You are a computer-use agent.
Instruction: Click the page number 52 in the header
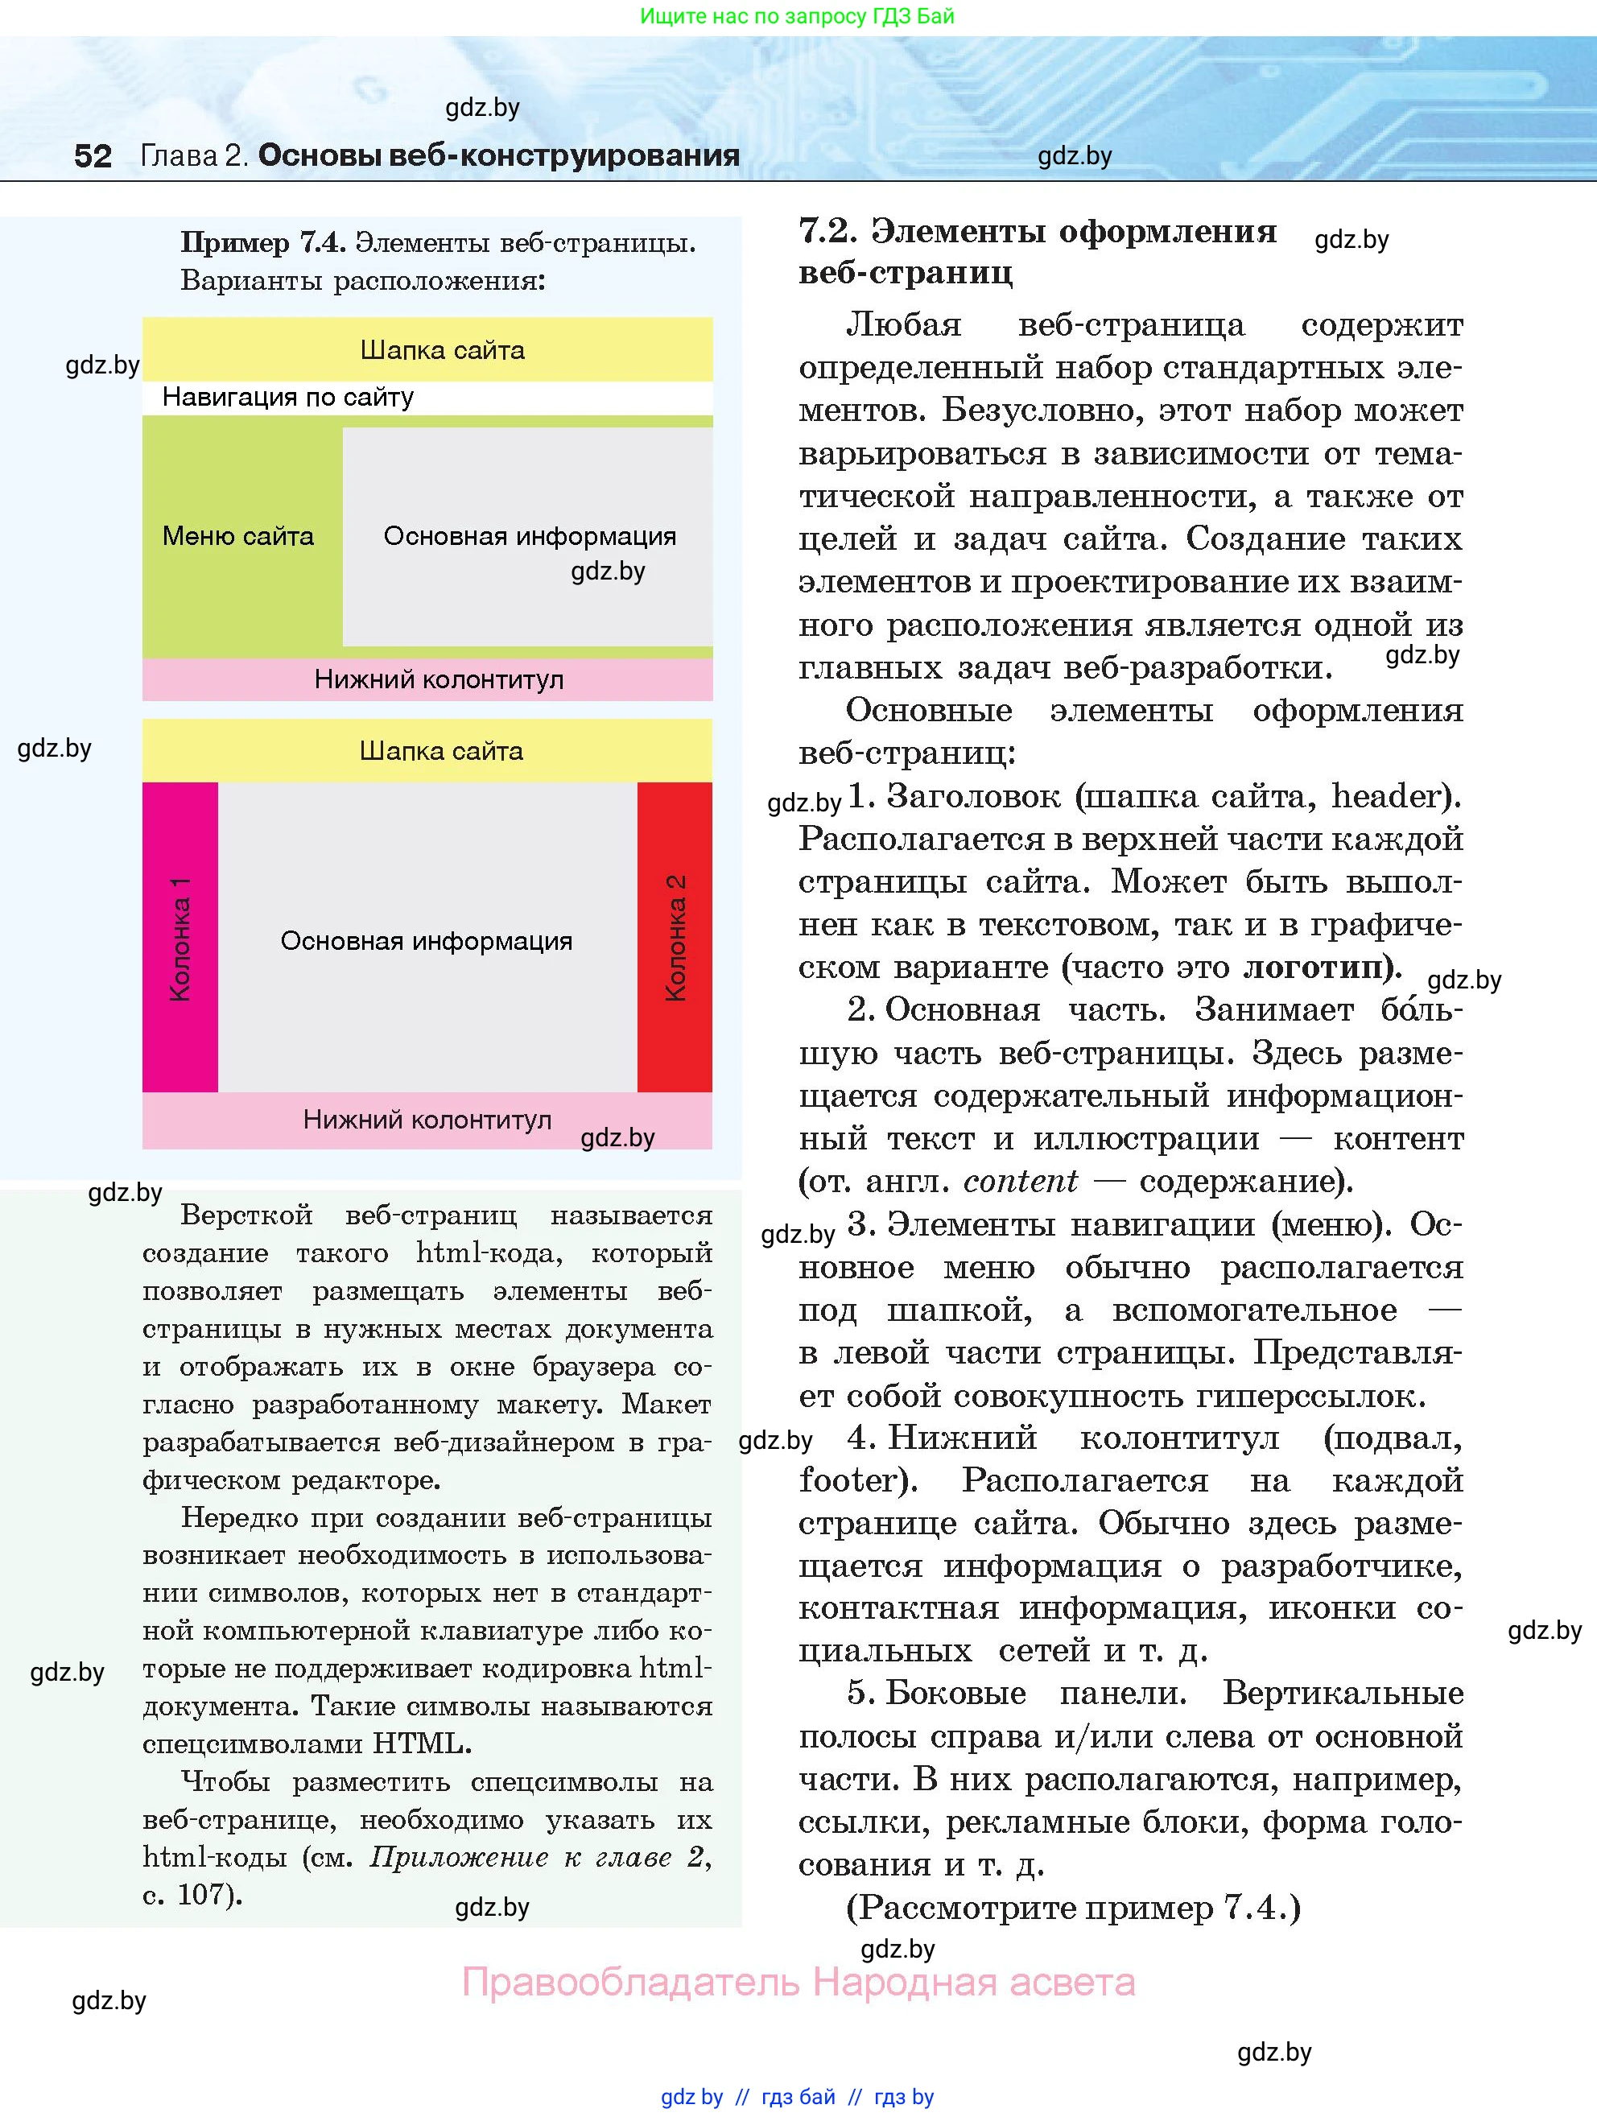click(x=93, y=156)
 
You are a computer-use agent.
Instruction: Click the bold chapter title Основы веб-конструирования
click(x=498, y=155)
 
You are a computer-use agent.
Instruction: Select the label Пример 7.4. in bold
click(x=263, y=243)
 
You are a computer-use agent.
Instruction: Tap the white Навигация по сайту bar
click(x=427, y=397)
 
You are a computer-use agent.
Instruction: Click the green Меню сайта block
click(x=239, y=536)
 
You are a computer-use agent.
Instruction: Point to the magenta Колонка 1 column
click(x=180, y=937)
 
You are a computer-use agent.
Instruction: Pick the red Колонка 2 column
click(x=675, y=937)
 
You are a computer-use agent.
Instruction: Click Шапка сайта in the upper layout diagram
click(x=442, y=350)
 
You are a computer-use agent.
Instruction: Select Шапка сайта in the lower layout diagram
click(x=441, y=751)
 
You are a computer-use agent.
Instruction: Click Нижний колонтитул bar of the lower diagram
click(x=427, y=1120)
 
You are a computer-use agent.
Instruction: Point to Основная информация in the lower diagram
click(x=427, y=941)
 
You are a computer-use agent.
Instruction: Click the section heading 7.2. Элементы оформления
click(x=1038, y=232)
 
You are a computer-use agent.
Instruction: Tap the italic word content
click(x=1020, y=1181)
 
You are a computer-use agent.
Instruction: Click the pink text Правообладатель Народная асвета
click(x=798, y=1982)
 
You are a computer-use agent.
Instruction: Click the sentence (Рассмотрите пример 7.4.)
click(x=1074, y=1908)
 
